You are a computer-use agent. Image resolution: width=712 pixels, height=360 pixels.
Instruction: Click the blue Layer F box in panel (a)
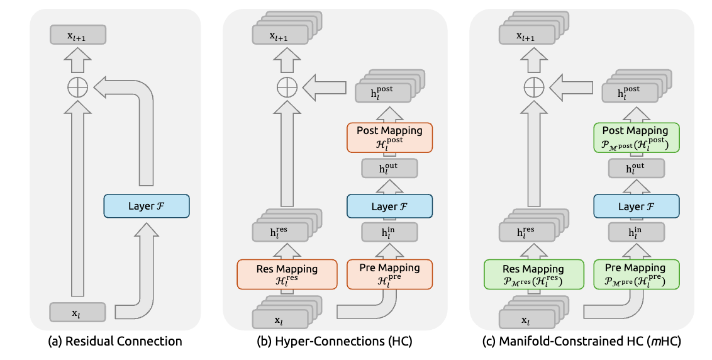[146, 206]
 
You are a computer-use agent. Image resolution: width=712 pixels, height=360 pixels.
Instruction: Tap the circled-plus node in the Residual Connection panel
[78, 87]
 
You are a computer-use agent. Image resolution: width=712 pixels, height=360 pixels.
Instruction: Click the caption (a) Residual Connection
[115, 342]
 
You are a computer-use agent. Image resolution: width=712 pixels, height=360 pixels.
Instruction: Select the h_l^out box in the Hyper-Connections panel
[389, 167]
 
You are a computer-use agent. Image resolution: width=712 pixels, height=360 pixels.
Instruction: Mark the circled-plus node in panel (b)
[287, 87]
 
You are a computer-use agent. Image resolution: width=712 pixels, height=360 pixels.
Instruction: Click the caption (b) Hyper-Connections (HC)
[335, 342]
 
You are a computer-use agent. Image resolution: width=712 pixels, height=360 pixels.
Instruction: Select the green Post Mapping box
[636, 137]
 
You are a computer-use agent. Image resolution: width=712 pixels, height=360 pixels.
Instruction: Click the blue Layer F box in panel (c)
[636, 206]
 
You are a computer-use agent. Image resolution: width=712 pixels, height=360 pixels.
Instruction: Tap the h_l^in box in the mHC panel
[636, 233]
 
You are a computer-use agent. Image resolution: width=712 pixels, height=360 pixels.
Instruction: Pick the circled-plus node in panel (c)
[534, 87]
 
